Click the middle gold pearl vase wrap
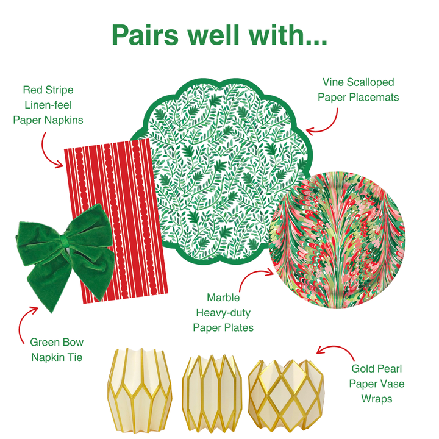tap(213, 391)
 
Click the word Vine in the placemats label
tap(335, 82)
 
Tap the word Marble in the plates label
tap(223, 298)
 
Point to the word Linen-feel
tap(48, 105)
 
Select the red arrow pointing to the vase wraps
tap(333, 351)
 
